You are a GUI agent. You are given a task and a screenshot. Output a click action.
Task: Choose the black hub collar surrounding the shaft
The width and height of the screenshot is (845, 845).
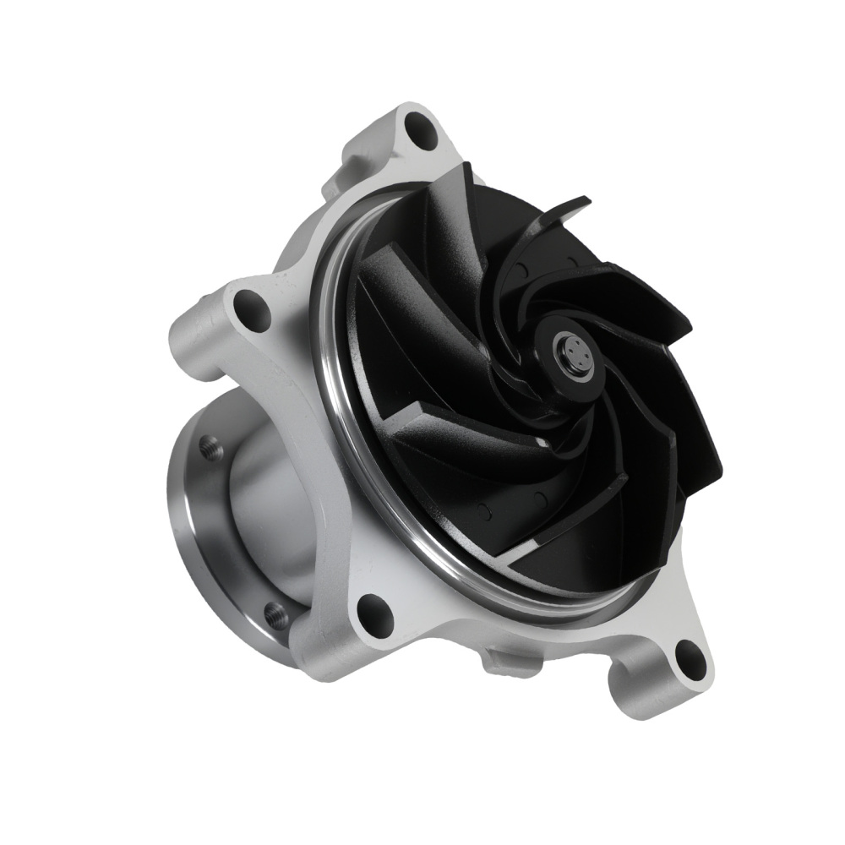click(553, 372)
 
